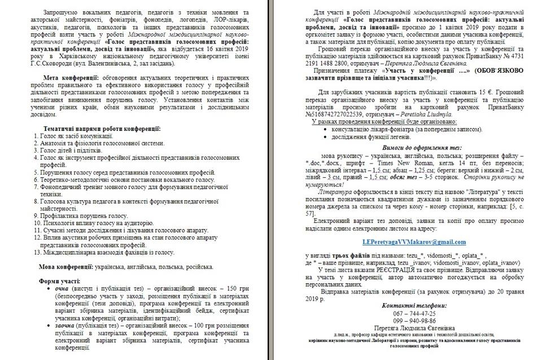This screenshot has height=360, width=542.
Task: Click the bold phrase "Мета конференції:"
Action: tap(72, 76)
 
